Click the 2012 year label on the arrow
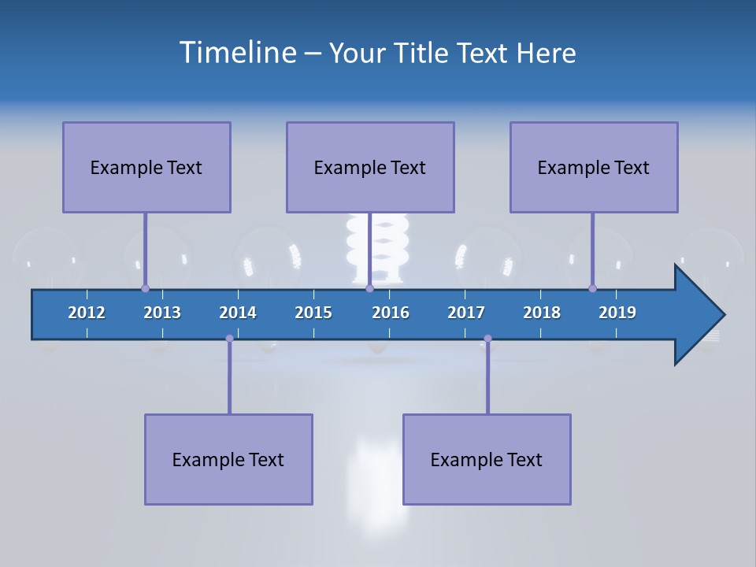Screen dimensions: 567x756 87,313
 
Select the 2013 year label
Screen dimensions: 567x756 162,313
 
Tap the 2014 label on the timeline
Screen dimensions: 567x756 238,313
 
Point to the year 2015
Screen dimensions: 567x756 313,313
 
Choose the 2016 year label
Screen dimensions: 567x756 391,313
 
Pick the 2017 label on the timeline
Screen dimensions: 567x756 466,313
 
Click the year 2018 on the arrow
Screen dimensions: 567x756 542,313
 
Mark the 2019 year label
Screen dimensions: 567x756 617,313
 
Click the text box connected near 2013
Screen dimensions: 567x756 146,167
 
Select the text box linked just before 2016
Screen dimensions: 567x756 370,167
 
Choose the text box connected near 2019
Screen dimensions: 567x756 594,167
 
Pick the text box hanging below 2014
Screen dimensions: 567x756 228,459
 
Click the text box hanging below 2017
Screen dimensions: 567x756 487,459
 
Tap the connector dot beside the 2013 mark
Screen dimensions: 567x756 145,288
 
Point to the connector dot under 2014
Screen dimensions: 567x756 229,339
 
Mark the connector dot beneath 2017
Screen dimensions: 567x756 487,339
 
